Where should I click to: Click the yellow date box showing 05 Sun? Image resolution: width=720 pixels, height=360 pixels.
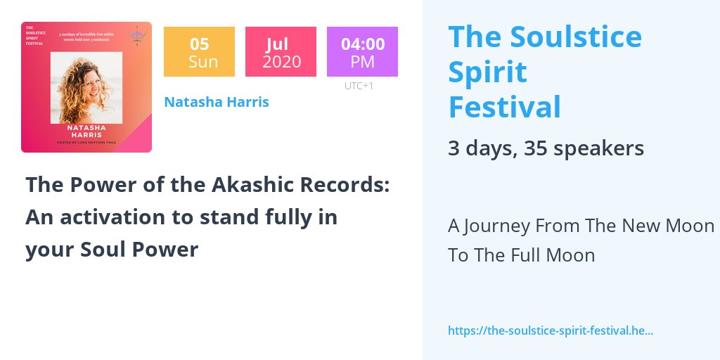tap(199, 52)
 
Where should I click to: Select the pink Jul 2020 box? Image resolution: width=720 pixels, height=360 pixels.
tap(281, 52)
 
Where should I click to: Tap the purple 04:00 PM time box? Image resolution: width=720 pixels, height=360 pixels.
tap(362, 52)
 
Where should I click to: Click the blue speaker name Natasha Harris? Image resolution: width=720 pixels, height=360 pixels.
tap(217, 102)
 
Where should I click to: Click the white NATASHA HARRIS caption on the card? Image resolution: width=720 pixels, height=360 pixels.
tap(86, 131)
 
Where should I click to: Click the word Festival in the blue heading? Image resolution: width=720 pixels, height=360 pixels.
tap(505, 108)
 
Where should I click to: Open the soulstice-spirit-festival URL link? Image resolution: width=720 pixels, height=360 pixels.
tap(551, 330)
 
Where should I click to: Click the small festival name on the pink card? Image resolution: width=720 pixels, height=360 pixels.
tap(34, 35)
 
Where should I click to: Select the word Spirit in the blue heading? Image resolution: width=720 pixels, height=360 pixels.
tap(487, 72)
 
